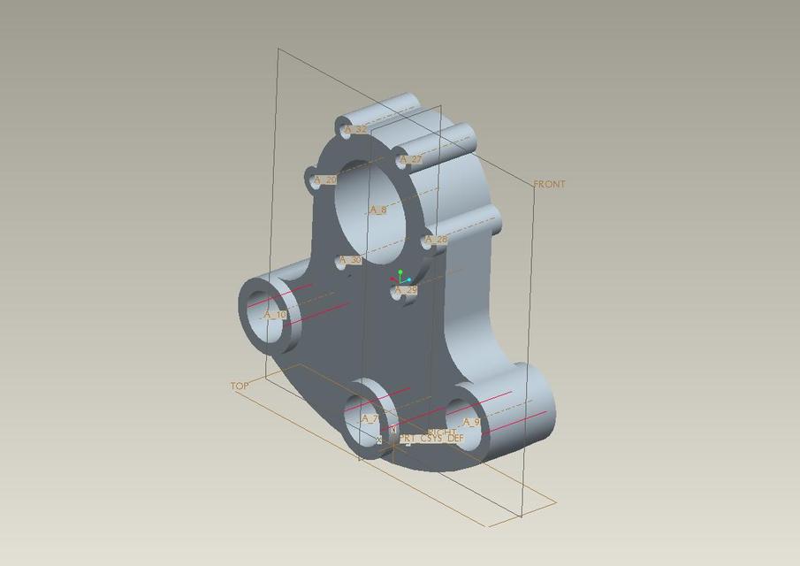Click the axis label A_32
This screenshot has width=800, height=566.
point(355,129)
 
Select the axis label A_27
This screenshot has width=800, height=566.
point(411,160)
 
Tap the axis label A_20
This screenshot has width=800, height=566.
point(325,180)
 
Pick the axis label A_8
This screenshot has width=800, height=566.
point(377,210)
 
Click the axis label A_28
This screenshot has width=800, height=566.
point(436,240)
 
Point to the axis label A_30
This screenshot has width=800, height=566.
point(350,260)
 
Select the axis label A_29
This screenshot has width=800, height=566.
point(406,290)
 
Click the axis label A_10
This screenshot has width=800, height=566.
point(275,314)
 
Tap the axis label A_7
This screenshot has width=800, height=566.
point(370,418)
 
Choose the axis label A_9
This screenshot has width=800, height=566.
point(471,422)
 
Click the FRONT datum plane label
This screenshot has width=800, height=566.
point(549,184)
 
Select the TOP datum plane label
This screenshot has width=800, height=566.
point(240,386)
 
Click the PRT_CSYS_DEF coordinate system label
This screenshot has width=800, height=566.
point(431,439)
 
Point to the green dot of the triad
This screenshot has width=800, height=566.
point(400,272)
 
